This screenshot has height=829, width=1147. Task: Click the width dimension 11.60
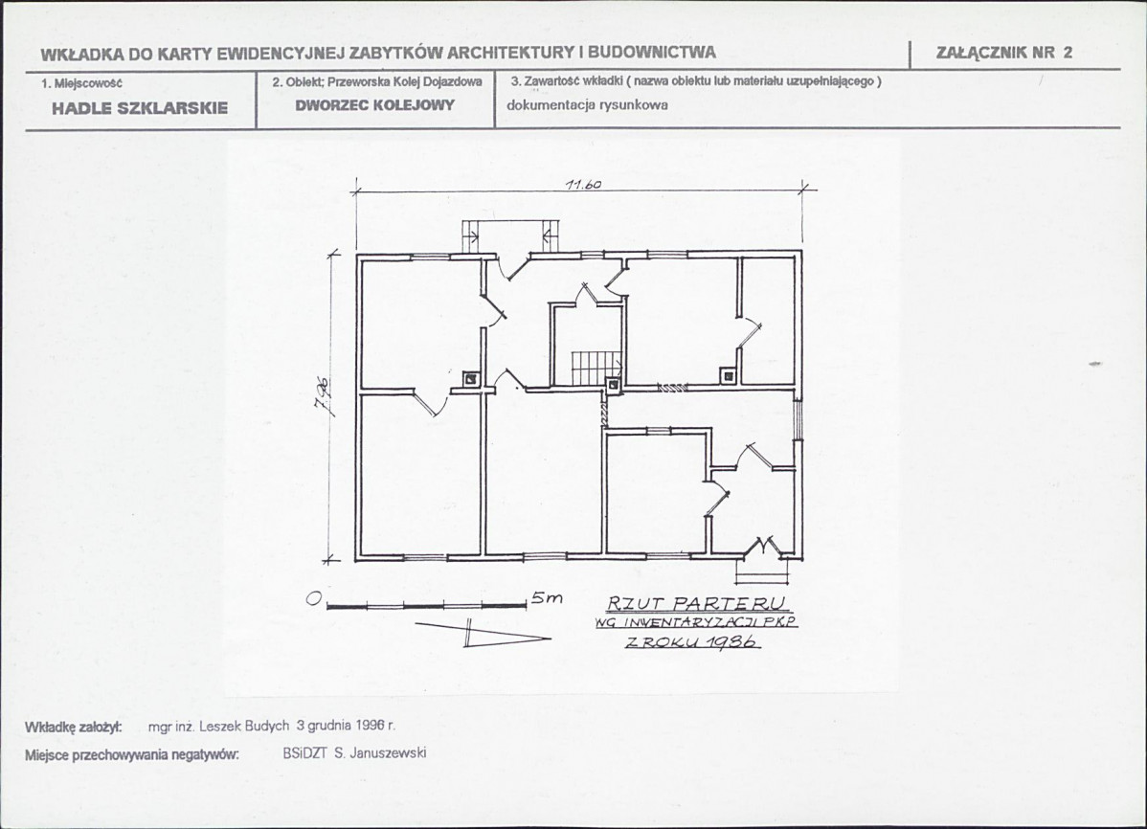tap(583, 185)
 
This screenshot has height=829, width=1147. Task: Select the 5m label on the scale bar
tap(547, 597)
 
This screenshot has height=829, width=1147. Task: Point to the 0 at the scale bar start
tap(315, 599)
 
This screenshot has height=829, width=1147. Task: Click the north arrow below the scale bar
tap(483, 633)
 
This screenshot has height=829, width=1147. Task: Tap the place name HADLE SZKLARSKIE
tap(140, 108)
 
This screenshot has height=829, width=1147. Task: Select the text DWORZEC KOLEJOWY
tap(375, 104)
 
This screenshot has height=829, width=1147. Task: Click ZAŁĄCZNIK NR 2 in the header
tap(1003, 52)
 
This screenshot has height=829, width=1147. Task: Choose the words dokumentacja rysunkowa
tap(587, 104)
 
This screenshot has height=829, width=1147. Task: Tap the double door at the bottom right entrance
tap(765, 546)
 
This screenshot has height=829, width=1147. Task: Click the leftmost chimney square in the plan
tap(470, 379)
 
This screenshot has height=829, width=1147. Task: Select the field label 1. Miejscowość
tap(81, 82)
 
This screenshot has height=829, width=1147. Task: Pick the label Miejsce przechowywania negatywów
tap(132, 754)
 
